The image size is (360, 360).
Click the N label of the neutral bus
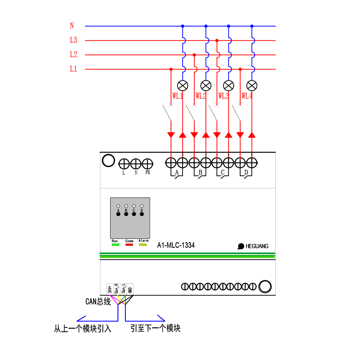pyautogui.click(x=72, y=26)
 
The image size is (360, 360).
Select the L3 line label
pyautogui.click(x=74, y=40)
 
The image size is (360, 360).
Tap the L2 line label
pyautogui.click(x=74, y=55)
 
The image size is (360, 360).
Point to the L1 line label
pyautogui.click(x=74, y=69)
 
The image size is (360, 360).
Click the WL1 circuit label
pyautogui.click(x=177, y=96)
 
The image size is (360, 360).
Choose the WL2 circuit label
pyautogui.click(x=201, y=96)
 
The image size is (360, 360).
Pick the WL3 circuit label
pyautogui.click(x=224, y=96)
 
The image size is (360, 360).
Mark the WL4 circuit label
pyautogui.click(x=247, y=96)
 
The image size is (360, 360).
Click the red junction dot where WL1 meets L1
pyautogui.click(x=171, y=69)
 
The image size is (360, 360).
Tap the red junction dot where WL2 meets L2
pyautogui.click(x=194, y=55)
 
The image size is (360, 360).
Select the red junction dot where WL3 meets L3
pyautogui.click(x=217, y=41)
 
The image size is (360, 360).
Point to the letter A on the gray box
pyautogui.click(x=118, y=210)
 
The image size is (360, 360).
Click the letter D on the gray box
pyautogui.click(x=142, y=210)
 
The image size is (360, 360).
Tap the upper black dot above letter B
pyautogui.click(x=126, y=206)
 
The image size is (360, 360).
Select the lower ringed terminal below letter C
pyautogui.click(x=134, y=214)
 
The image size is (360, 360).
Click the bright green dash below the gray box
pyautogui.click(x=116, y=244)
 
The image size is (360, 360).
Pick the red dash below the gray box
pyautogui.click(x=129, y=244)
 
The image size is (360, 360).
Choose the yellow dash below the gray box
pyautogui.click(x=143, y=244)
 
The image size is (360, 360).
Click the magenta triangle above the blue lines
pyautogui.click(x=114, y=299)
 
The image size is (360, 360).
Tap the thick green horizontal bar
pyautogui.click(x=187, y=256)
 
